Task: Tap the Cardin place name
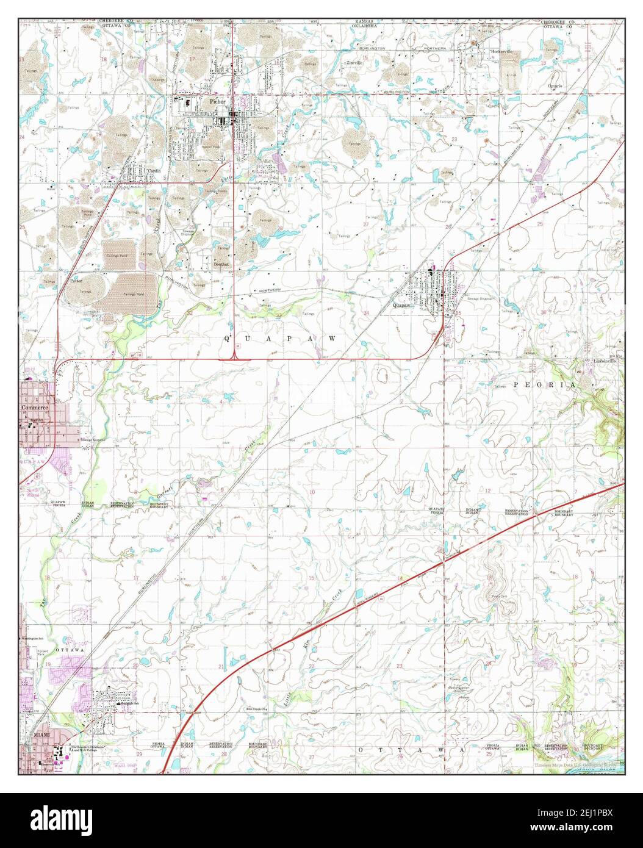pos(153,171)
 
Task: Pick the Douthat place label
pos(221,264)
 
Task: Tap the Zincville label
pos(354,63)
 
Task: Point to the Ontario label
pos(554,87)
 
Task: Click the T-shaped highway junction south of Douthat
pos(235,358)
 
